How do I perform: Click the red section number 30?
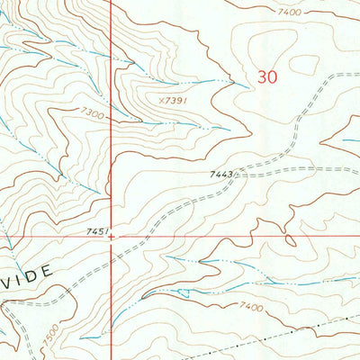pos(267,77)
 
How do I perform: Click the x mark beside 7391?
pos(160,100)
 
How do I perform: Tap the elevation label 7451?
pos(96,231)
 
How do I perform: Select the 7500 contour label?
pos(50,331)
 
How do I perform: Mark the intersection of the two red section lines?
pos(111,238)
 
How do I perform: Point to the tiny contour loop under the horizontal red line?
pos(290,241)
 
